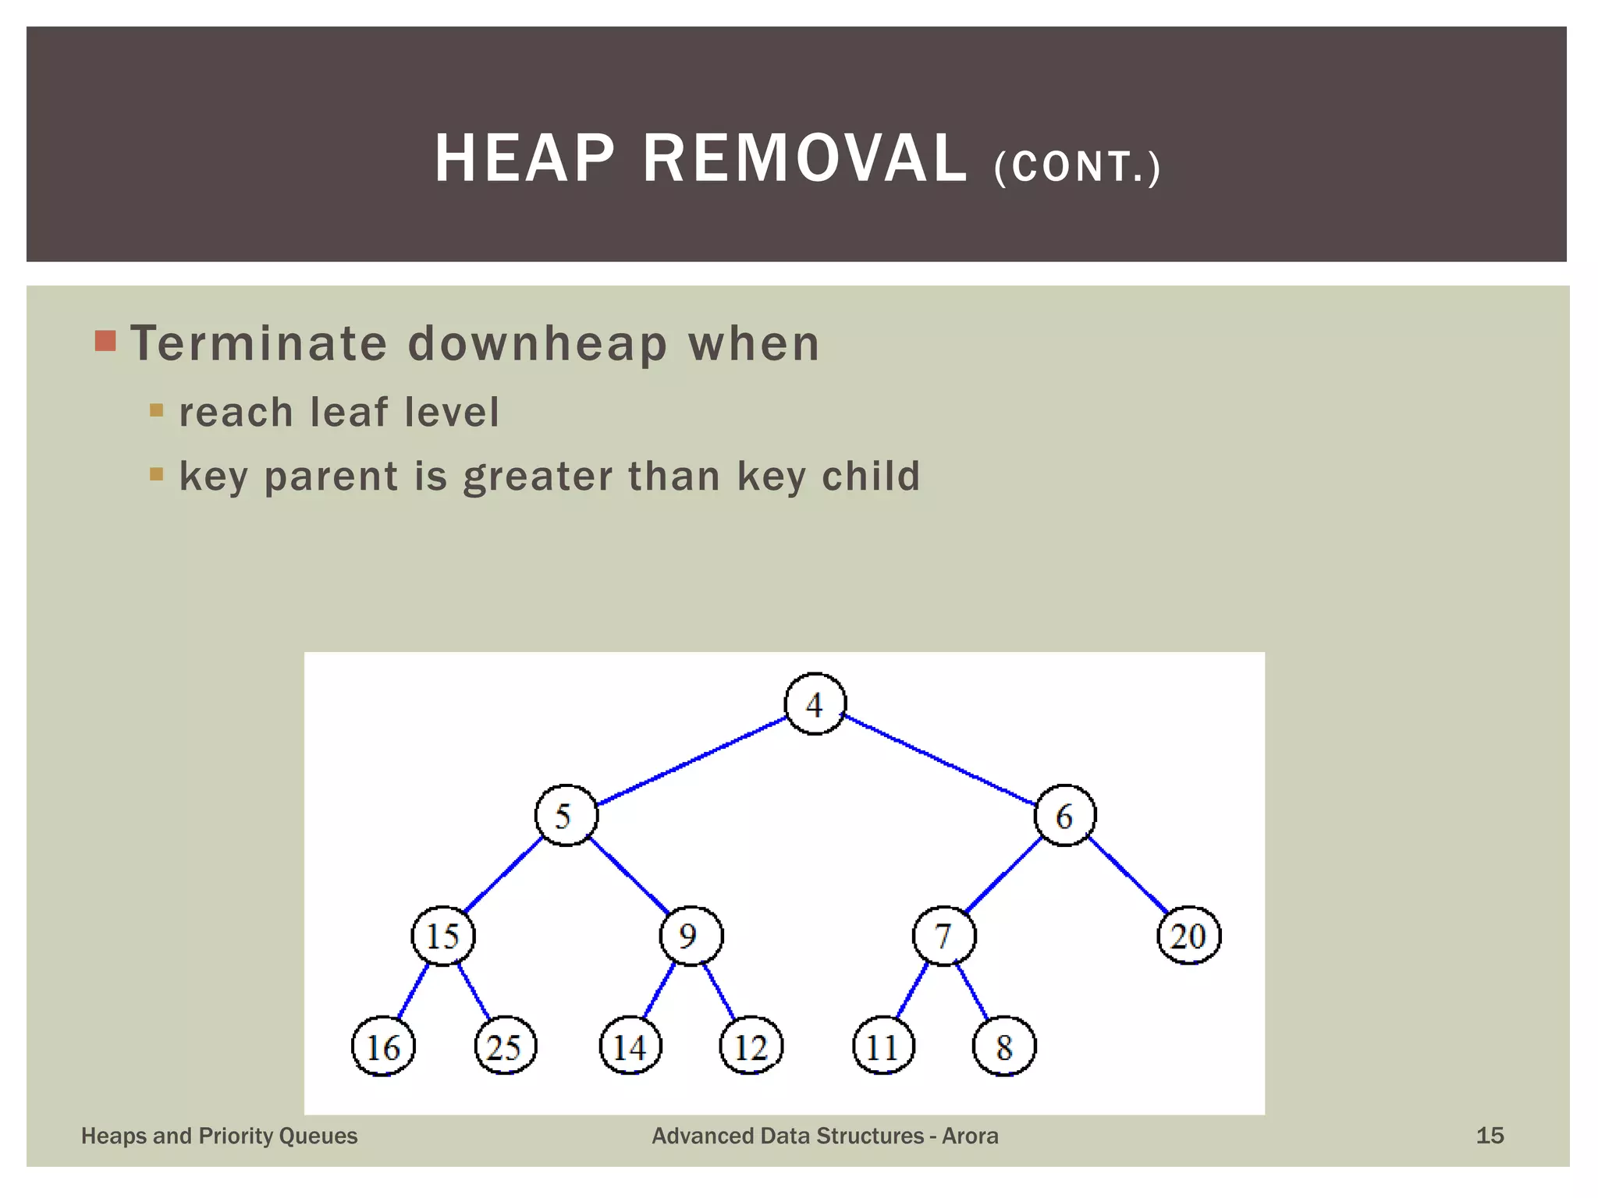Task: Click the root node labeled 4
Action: (x=815, y=704)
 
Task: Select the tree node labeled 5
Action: (x=566, y=815)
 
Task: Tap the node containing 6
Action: (x=1065, y=815)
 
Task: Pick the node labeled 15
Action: (x=443, y=936)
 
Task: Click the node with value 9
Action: (x=691, y=936)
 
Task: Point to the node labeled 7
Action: (x=944, y=936)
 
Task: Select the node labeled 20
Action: (x=1188, y=936)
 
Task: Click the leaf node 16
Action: (x=383, y=1047)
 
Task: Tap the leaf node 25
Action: (x=506, y=1047)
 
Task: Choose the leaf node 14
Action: (x=630, y=1047)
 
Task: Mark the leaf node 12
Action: (x=751, y=1047)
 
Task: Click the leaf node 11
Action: (x=883, y=1047)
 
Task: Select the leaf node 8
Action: (x=1004, y=1047)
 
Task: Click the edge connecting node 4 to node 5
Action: (x=691, y=760)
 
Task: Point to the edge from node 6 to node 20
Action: (x=1127, y=874)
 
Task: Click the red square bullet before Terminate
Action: (x=105, y=341)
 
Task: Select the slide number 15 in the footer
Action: (x=1490, y=1136)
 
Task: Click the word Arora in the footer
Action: (x=970, y=1136)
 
